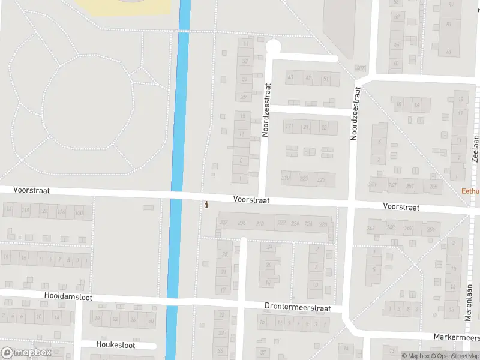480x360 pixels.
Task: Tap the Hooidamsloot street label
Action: click(69, 296)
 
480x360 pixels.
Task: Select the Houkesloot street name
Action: click(116, 345)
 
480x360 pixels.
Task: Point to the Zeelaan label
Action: click(475, 148)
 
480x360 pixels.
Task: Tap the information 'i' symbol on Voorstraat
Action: click(207, 205)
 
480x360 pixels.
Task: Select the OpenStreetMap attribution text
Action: click(453, 356)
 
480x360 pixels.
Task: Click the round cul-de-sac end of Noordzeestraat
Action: click(273, 46)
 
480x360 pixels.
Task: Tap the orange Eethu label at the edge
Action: click(470, 192)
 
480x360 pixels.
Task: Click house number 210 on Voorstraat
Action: click(260, 224)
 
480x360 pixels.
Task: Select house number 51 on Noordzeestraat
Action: click(326, 79)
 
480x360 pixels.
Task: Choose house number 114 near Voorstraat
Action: click(8, 209)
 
